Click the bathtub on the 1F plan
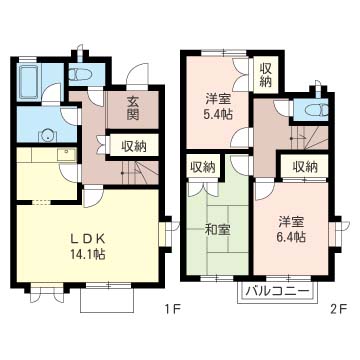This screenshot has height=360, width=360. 31,82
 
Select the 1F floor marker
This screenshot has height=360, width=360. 173,309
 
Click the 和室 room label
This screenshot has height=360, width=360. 216,230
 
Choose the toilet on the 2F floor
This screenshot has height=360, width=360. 315,110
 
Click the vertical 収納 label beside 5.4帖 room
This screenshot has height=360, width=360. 266,75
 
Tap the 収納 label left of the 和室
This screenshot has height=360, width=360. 200,166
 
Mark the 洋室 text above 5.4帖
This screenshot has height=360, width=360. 218,98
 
